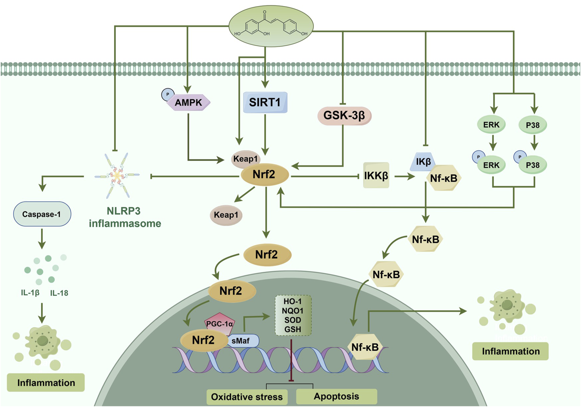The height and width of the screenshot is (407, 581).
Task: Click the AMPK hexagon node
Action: point(189,103)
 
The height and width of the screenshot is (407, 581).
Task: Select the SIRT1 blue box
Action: point(265,102)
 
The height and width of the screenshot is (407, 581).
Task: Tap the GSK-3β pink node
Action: point(344,116)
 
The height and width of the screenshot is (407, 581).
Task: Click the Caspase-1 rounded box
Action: point(42,214)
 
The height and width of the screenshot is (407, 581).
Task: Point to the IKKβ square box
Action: point(376,175)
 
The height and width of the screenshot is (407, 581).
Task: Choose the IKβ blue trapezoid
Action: point(423,162)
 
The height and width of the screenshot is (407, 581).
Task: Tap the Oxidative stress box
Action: point(247,397)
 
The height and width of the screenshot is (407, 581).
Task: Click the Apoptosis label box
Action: point(336,396)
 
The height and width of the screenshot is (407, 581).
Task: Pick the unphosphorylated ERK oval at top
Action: point(491,125)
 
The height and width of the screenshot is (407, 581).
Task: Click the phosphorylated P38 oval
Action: point(532,165)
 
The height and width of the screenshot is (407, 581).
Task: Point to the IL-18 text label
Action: point(59,293)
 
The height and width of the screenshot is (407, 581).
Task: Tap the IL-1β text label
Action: point(30,293)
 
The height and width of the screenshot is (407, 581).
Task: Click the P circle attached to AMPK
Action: point(168,95)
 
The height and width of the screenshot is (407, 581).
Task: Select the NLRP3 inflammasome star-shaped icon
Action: point(117,176)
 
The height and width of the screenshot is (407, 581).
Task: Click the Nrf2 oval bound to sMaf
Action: point(203,340)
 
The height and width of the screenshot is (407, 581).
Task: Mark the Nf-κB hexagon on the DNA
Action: point(365,347)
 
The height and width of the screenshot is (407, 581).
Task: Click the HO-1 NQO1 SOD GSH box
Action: point(293,315)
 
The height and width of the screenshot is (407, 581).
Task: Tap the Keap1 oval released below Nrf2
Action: point(226,215)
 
